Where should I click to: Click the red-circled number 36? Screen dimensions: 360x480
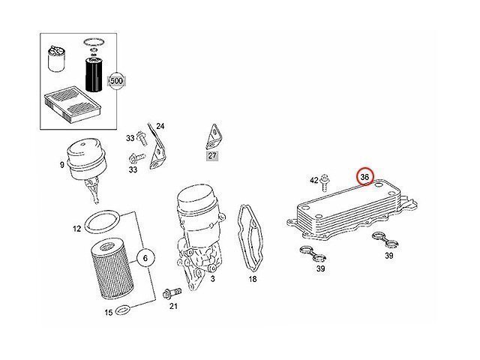pyautogui.click(x=365, y=176)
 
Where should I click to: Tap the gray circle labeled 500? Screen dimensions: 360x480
pyautogui.click(x=116, y=80)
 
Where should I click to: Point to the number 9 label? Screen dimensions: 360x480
pyautogui.click(x=61, y=164)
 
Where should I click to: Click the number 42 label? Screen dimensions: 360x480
pyautogui.click(x=314, y=180)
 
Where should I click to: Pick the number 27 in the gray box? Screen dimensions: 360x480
pyautogui.click(x=212, y=156)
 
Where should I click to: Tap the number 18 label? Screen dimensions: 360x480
pyautogui.click(x=253, y=278)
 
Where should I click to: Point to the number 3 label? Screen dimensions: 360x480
pyautogui.click(x=213, y=278)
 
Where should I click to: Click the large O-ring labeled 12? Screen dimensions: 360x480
pyautogui.click(x=102, y=222)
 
